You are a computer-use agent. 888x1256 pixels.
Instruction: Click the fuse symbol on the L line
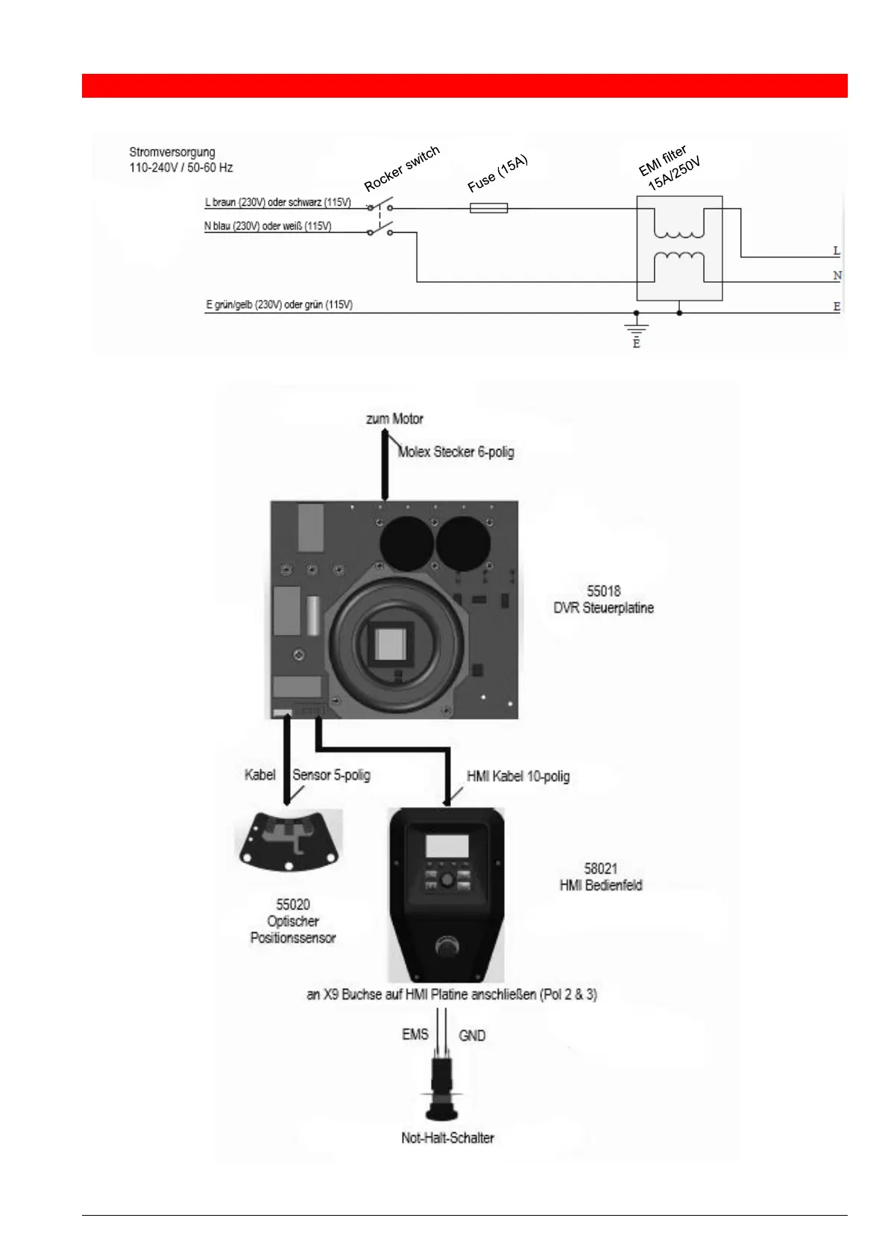pos(488,208)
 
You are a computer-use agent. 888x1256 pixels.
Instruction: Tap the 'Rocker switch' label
pos(401,169)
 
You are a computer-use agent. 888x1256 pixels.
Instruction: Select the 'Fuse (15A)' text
pos(497,174)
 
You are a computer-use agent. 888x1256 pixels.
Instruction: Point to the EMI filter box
pos(678,248)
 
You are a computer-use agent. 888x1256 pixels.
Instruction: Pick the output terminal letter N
pos(837,276)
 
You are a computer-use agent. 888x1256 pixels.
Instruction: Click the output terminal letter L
pos(837,251)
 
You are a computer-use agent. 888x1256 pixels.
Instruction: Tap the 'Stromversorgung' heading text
pos(171,152)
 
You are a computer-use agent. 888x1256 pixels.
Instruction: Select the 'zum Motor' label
pos(394,419)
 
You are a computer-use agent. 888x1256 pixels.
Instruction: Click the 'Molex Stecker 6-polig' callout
pos(456,452)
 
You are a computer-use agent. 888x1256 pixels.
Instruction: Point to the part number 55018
pos(603,591)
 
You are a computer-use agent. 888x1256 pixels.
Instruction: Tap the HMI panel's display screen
pos(447,847)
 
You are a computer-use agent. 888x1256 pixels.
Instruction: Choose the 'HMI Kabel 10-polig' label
pos(518,776)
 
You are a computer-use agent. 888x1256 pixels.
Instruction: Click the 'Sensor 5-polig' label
pos(331,775)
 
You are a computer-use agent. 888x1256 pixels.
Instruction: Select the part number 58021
pos(600,869)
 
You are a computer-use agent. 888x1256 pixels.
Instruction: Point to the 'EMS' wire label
pos(415,1034)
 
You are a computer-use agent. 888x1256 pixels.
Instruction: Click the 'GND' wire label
pos(472,1036)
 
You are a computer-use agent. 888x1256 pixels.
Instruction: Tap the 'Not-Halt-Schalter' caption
pos(447,1138)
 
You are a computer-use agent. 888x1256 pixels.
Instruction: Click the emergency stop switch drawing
pos(441,1090)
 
